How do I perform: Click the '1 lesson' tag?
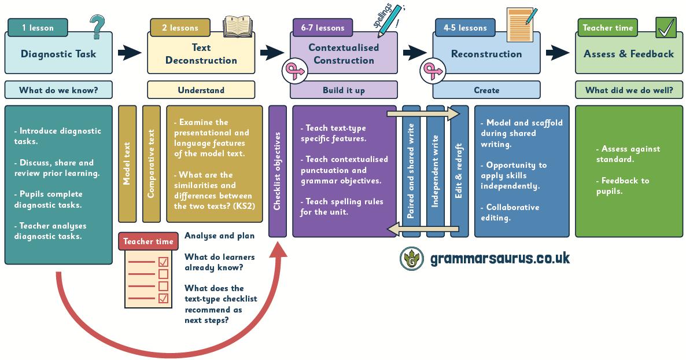tap(38, 27)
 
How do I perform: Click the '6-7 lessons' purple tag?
tap(323, 27)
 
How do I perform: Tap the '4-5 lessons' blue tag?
tap(465, 27)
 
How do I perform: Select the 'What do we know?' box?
tap(58, 90)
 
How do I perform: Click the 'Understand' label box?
tap(201, 90)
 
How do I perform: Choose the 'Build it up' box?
tap(344, 90)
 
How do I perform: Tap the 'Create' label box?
tap(486, 90)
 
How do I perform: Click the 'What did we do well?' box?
tap(629, 90)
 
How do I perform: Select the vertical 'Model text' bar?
tap(127, 164)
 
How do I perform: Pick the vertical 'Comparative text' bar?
tap(151, 164)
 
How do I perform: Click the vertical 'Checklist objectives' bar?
tap(277, 171)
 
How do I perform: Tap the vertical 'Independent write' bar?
tap(436, 171)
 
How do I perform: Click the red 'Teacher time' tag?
tap(148, 241)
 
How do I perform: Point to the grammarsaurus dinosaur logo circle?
tap(411, 258)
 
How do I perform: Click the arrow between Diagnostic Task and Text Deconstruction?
tap(130, 54)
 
